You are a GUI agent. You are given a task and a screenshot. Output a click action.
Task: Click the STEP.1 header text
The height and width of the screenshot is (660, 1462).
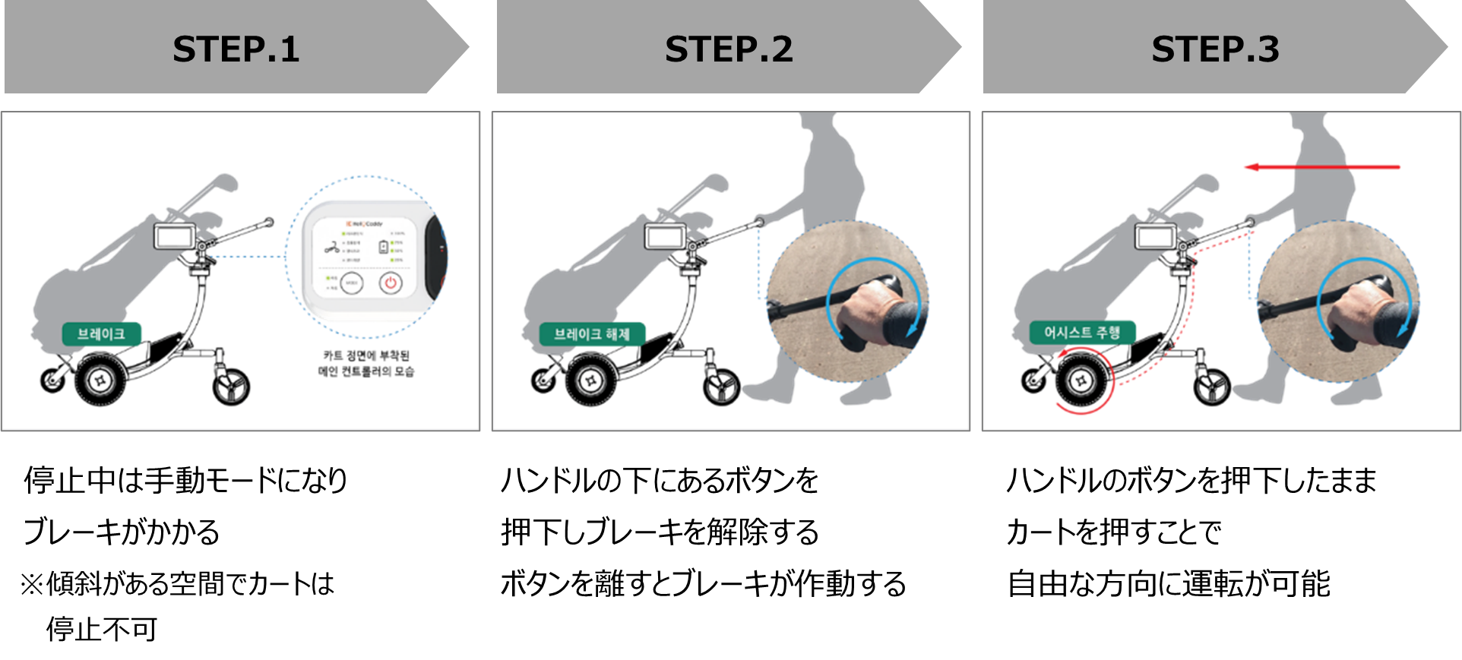point(236,49)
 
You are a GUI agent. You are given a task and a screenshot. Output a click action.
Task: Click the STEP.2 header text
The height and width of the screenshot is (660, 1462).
point(728,49)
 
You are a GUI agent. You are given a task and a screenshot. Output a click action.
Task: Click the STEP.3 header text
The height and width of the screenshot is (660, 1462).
point(1214,49)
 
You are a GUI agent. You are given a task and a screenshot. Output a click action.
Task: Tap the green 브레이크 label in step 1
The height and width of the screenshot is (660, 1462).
point(101,334)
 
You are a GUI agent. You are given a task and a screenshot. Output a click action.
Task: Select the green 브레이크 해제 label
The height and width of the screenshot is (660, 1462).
point(592,334)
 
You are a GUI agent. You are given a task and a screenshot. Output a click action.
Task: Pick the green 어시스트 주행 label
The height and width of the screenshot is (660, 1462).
point(1082,333)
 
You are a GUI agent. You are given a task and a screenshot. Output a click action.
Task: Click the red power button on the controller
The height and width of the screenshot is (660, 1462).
point(391,283)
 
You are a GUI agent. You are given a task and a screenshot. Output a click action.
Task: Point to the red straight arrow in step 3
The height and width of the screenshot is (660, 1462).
point(1322,167)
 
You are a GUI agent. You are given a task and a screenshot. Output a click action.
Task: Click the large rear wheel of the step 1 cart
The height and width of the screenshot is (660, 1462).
point(100,381)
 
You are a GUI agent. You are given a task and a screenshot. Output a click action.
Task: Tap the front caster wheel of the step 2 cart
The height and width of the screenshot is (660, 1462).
point(721,387)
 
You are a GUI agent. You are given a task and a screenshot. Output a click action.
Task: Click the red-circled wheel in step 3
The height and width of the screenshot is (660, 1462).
point(1081,381)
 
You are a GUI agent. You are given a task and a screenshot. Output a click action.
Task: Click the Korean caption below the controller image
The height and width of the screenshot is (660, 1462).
point(366,363)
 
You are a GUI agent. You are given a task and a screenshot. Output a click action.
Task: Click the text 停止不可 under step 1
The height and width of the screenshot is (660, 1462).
point(102,629)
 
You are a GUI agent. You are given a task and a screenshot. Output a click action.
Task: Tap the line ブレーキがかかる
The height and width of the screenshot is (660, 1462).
point(122,532)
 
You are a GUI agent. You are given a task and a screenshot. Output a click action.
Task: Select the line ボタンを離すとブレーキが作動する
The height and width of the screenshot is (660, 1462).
point(703,583)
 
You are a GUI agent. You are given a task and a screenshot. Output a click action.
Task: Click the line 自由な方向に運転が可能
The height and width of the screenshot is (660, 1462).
point(1168,583)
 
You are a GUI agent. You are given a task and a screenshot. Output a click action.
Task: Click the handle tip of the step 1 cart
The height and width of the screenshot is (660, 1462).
point(268,223)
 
